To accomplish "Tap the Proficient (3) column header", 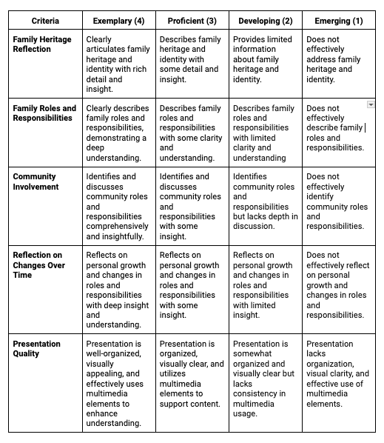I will coord(191,21).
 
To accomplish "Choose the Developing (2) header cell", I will coord(264,21).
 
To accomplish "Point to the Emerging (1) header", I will coord(338,21).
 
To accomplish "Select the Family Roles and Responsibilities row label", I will coord(44,113).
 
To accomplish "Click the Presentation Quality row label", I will coord(37,349).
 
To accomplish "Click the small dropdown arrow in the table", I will coord(371,105).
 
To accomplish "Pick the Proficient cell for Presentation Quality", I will coord(191,374).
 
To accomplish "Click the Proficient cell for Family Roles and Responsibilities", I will coord(191,133).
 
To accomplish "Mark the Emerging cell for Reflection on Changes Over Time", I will coord(338,285).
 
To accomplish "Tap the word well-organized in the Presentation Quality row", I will coord(113,354).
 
